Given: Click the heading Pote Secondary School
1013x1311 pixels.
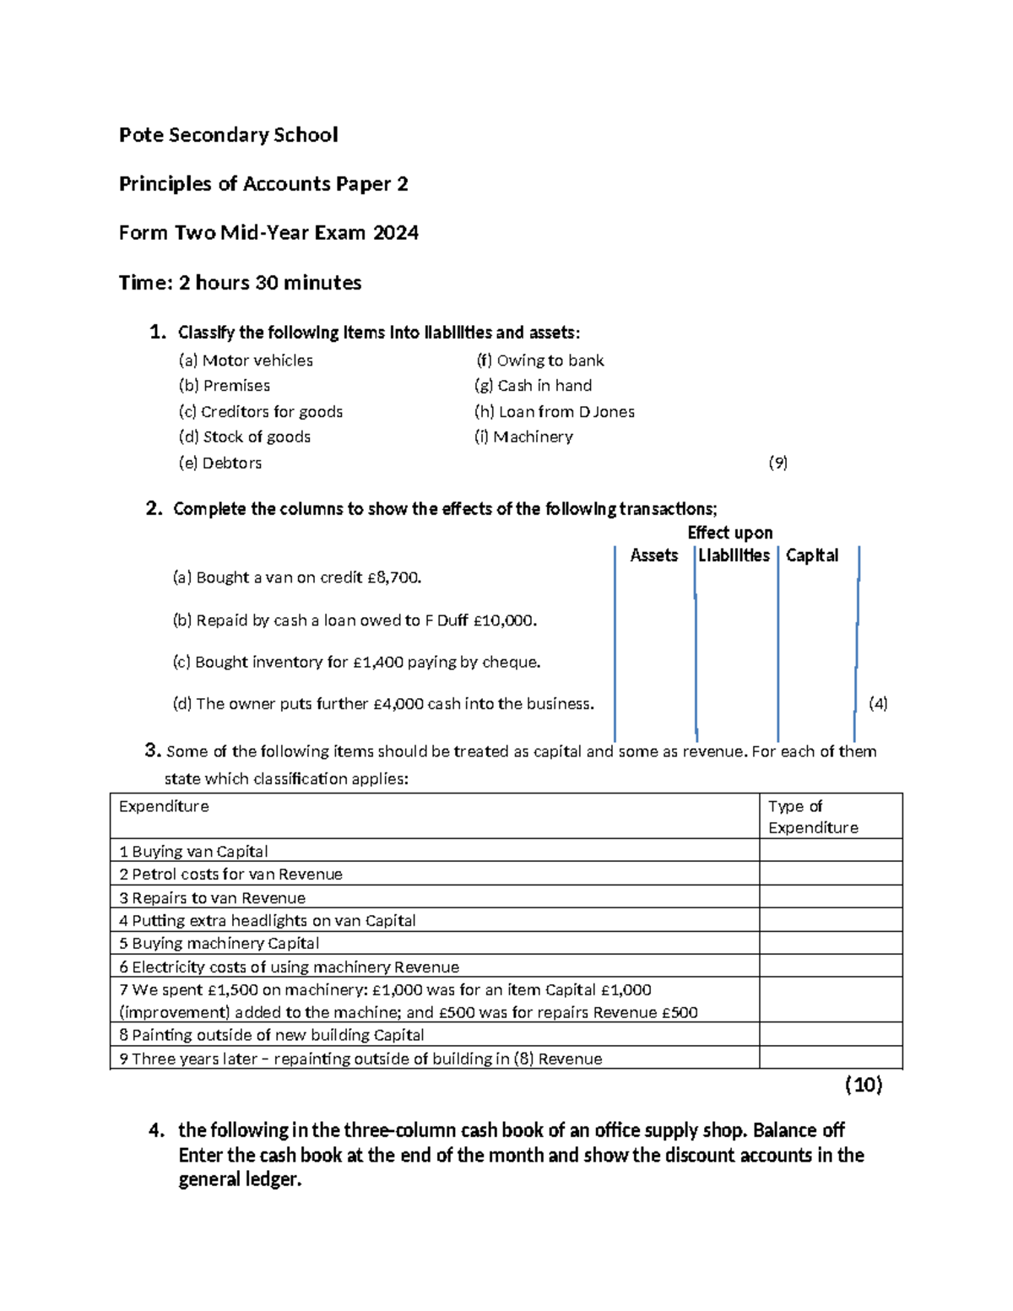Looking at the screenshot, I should [x=228, y=135].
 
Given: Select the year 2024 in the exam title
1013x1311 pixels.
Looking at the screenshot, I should [x=396, y=233].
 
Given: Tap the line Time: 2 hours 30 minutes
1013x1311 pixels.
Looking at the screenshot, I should [x=240, y=283].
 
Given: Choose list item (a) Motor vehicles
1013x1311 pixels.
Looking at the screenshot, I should [x=246, y=360].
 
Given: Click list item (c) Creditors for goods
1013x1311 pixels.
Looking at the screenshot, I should [x=261, y=412].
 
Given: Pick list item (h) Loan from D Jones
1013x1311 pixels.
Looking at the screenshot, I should [x=555, y=412].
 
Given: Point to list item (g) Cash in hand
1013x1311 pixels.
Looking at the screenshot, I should [x=534, y=386].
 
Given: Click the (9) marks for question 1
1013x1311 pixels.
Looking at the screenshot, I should [x=777, y=463].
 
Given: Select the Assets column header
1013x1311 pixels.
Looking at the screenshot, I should [x=654, y=555].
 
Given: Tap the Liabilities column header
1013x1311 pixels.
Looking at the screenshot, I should [x=734, y=555].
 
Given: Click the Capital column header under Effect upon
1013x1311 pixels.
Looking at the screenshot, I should [x=812, y=555].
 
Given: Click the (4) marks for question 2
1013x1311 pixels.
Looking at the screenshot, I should [x=878, y=704].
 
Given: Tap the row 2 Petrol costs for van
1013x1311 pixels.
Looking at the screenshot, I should [x=230, y=875].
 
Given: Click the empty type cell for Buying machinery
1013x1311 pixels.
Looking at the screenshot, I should [x=830, y=944].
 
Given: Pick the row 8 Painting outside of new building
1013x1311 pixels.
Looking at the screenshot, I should [x=271, y=1035].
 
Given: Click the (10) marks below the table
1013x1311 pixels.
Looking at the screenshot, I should [x=864, y=1085].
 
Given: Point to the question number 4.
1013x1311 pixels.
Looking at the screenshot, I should [x=156, y=1131].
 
